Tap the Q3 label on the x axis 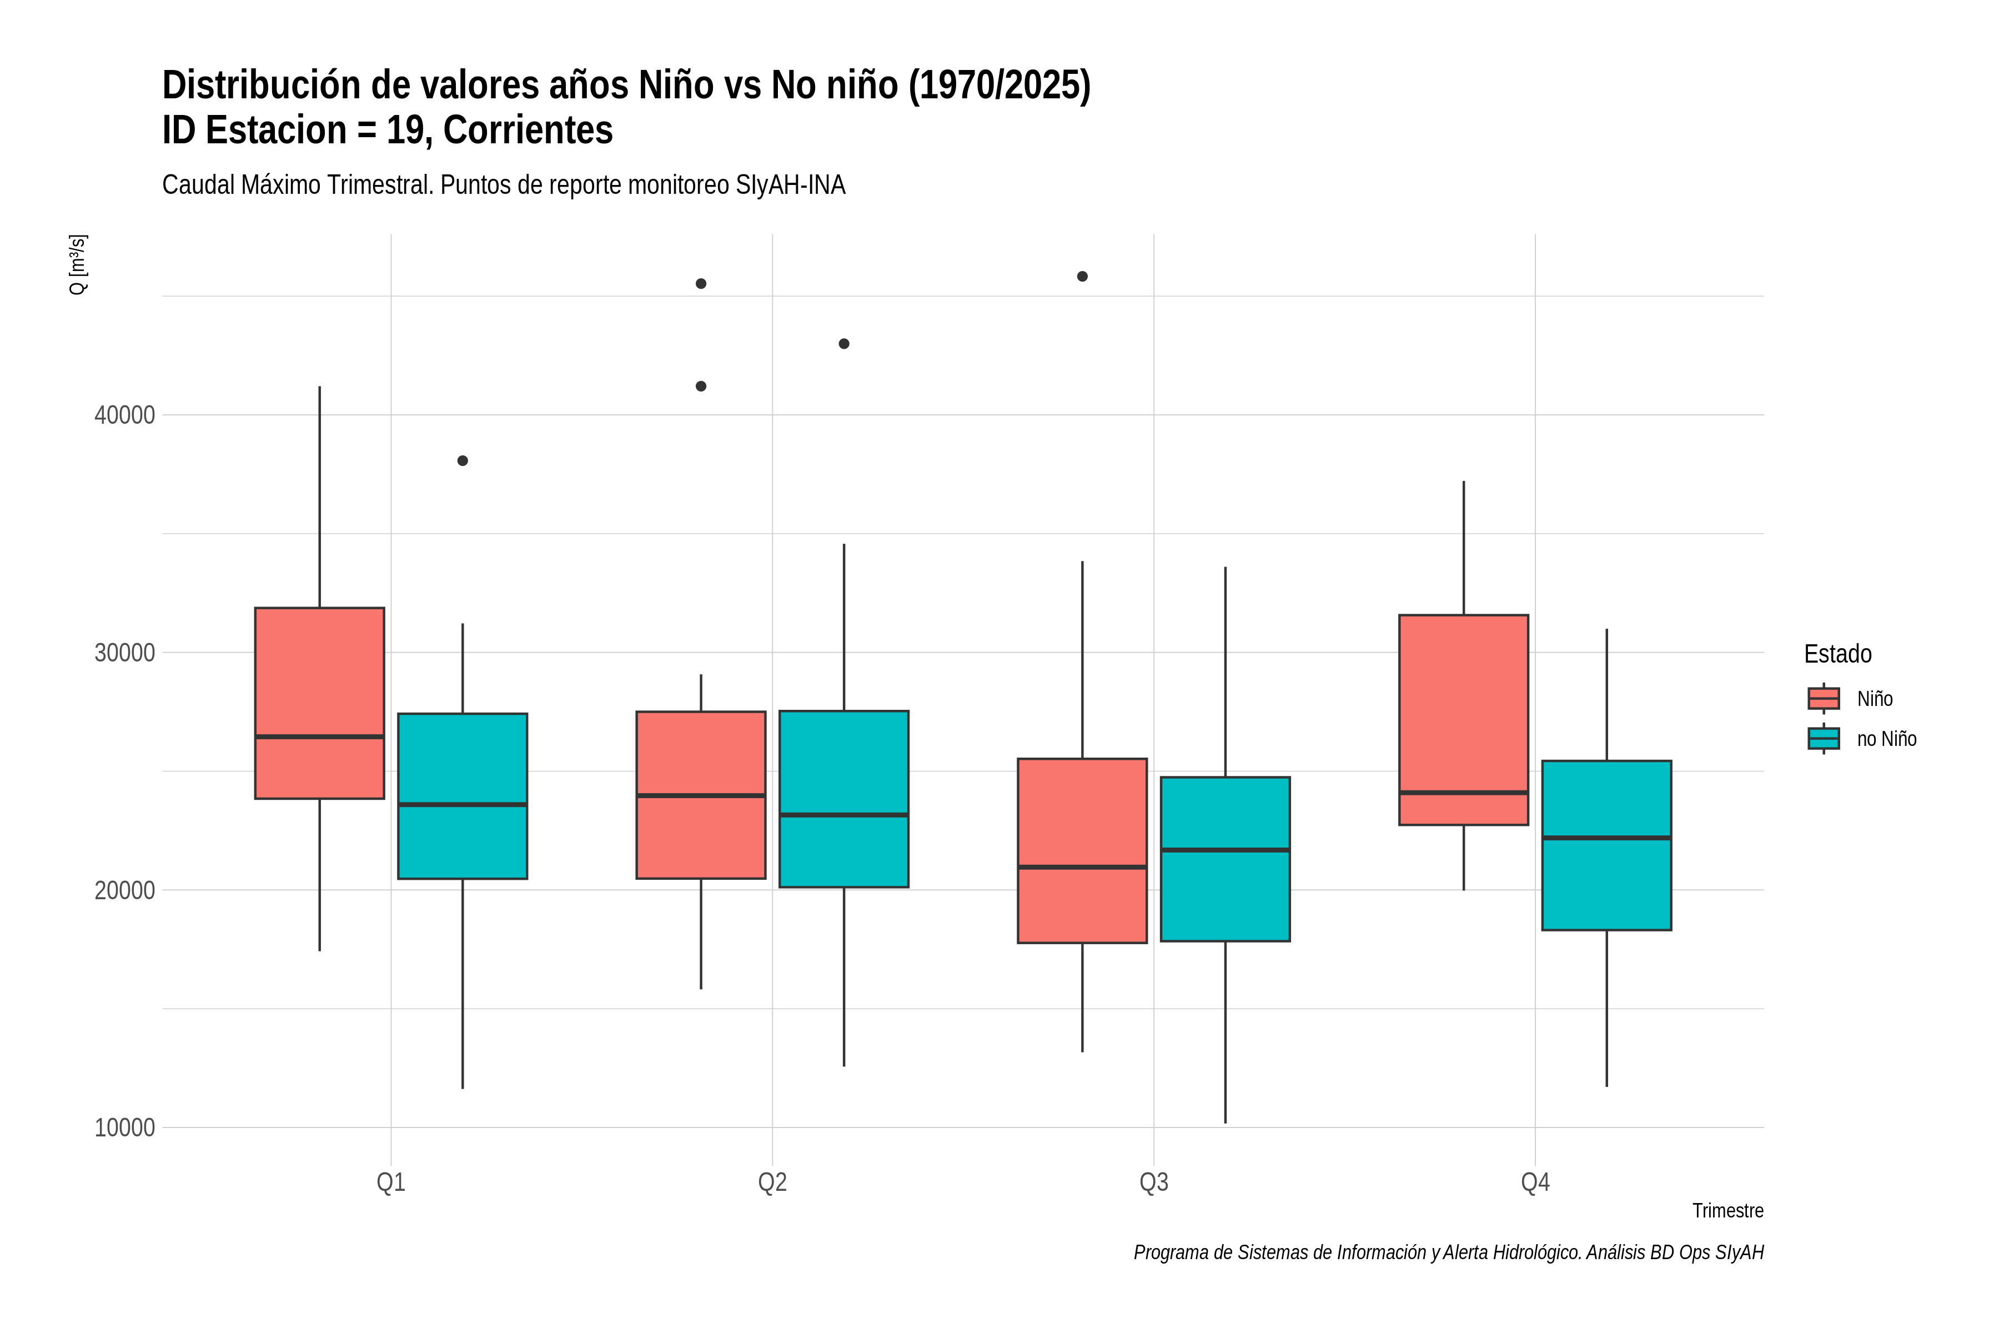click(1153, 1182)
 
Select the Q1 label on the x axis click(391, 1182)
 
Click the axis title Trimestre click(1727, 1211)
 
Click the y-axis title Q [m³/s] click(77, 264)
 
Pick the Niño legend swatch click(1823, 699)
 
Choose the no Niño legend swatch click(1823, 739)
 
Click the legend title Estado click(1837, 654)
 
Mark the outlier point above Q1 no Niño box click(463, 461)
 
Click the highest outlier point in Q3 click(1082, 276)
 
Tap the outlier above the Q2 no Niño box click(844, 343)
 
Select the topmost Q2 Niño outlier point click(701, 283)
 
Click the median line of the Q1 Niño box click(320, 736)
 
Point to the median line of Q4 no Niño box click(1606, 838)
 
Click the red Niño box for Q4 click(1464, 719)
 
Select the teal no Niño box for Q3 click(1225, 859)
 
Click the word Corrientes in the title click(528, 130)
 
